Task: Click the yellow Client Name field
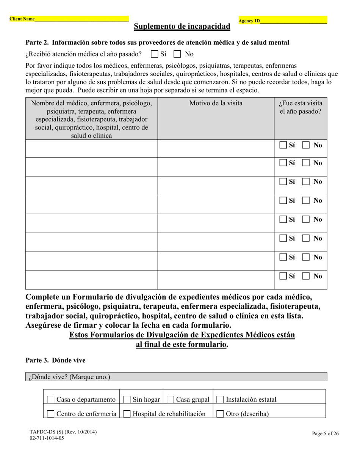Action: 81,19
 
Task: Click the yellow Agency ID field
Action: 293,20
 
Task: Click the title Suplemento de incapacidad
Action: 182,27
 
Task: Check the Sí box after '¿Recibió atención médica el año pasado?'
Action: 154,54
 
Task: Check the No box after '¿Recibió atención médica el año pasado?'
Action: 178,54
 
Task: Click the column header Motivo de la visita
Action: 216,103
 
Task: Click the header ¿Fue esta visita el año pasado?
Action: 301,108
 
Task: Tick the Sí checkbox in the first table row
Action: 283,145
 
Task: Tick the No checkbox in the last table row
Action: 306,276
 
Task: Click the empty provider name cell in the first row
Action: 91,149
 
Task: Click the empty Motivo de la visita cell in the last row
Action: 216,280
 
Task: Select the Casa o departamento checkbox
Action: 50,400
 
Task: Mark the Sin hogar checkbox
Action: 127,400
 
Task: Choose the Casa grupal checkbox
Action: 170,400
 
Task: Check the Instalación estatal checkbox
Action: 220,400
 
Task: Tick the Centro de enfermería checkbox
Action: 50,414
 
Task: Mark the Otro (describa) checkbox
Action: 220,414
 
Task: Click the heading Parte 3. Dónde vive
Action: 55,360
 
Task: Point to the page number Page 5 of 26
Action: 325,434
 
